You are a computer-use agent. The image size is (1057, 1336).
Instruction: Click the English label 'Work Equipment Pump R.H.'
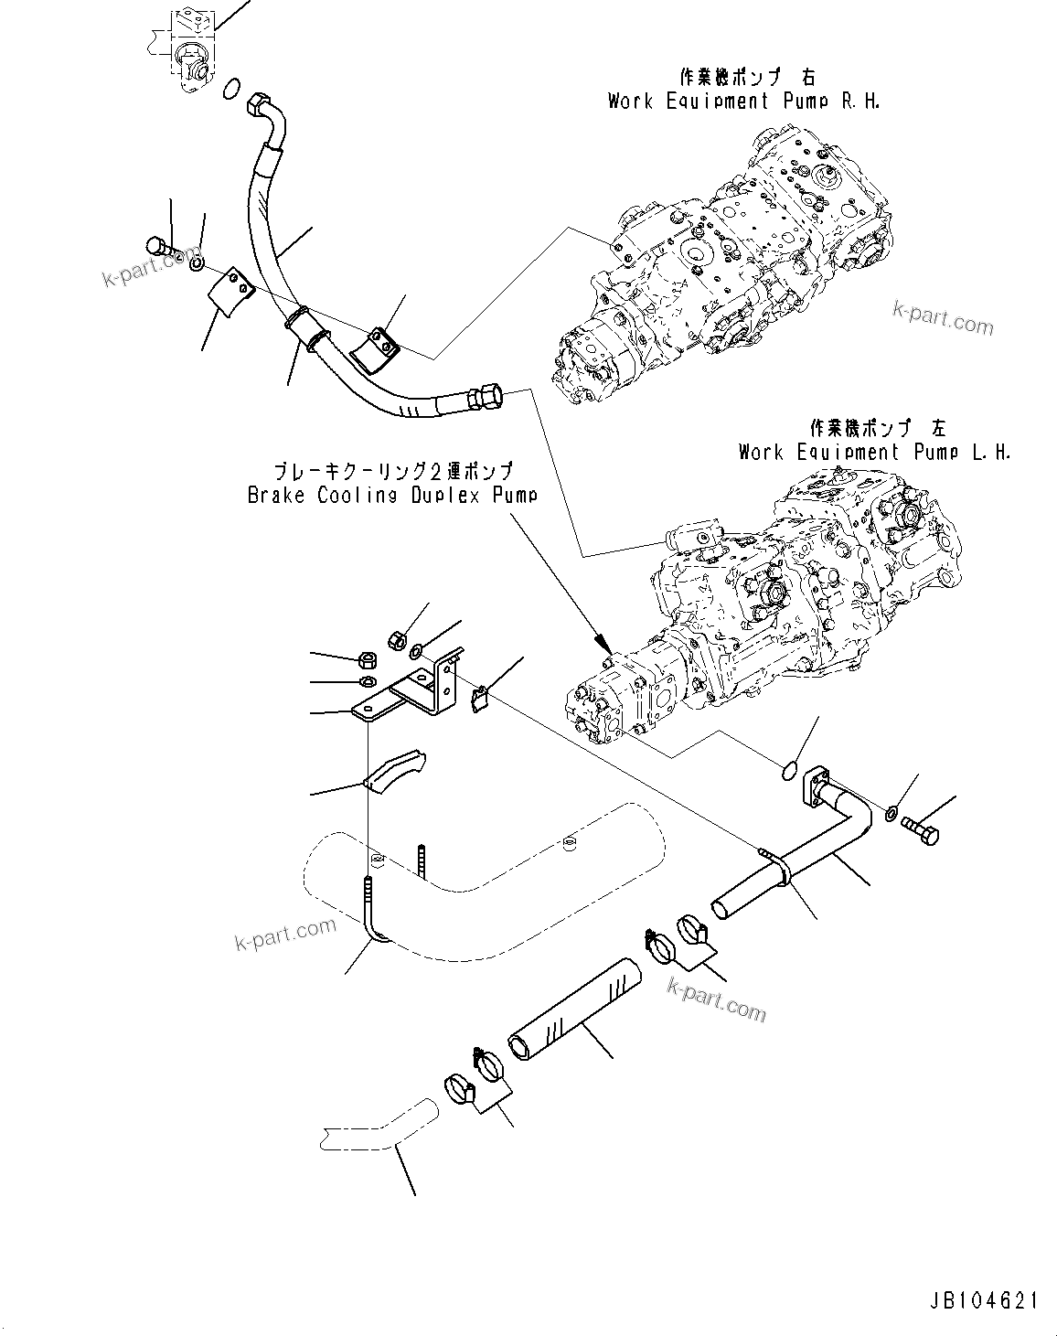[743, 102]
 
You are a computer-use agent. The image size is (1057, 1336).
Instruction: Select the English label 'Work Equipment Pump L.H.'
[874, 452]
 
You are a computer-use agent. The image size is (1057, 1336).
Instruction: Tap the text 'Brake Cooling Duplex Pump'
[392, 496]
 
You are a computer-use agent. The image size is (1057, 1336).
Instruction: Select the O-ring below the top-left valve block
[232, 88]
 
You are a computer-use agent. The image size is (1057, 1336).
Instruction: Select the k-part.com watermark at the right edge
[943, 319]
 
